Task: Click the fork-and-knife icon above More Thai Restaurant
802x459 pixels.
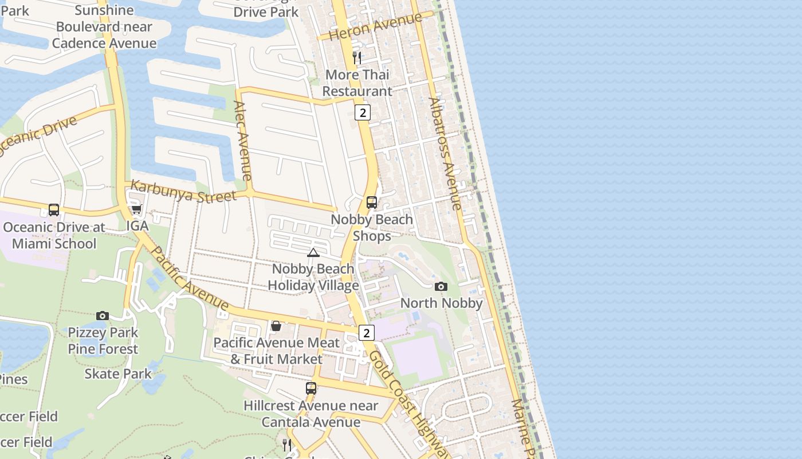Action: tap(356, 57)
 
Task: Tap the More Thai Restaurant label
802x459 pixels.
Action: tap(357, 83)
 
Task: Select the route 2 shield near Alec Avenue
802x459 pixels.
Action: tap(362, 112)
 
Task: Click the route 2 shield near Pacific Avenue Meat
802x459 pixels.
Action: tap(366, 333)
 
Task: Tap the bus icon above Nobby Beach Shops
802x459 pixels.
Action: tap(372, 203)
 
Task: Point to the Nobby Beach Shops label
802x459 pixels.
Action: tap(372, 228)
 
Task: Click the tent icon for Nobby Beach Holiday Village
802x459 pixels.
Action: tap(313, 252)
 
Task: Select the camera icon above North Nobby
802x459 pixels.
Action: tap(441, 286)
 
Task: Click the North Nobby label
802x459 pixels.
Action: tap(441, 303)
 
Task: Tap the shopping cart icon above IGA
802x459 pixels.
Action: tap(136, 209)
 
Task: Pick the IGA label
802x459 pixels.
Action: tap(137, 226)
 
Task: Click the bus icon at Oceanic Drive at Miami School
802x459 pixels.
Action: tap(54, 210)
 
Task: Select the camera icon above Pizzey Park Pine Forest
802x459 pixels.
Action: tap(103, 316)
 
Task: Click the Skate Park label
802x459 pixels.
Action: tap(118, 374)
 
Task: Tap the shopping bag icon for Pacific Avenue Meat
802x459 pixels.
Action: tap(276, 326)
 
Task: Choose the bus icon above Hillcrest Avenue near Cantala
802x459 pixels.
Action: tap(311, 388)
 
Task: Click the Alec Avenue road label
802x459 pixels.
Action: tap(243, 141)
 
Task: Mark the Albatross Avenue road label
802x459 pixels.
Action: tap(445, 154)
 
